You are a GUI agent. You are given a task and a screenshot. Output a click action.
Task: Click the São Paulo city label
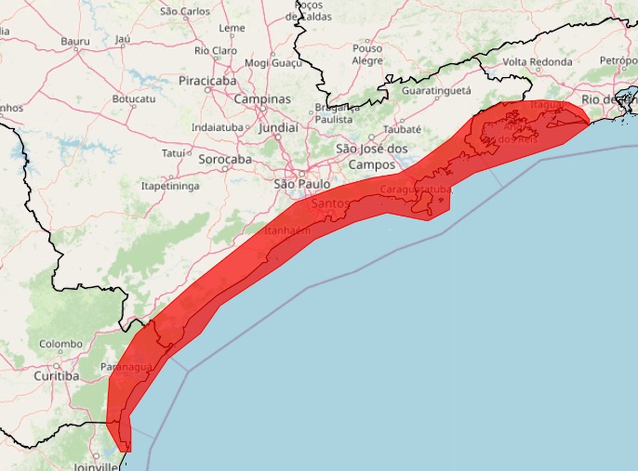pyautogui.click(x=302, y=184)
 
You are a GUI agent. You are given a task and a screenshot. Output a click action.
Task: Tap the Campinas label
pyautogui.click(x=261, y=99)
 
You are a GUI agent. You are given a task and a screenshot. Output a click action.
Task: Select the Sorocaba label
pyautogui.click(x=225, y=160)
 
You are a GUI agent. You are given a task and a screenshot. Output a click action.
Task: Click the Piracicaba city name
pyautogui.click(x=207, y=82)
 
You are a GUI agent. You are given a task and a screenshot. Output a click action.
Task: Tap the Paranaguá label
pyautogui.click(x=125, y=368)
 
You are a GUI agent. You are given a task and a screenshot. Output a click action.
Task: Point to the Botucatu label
pyautogui.click(x=133, y=98)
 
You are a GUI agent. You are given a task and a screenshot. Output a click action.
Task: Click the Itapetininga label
pyautogui.click(x=170, y=187)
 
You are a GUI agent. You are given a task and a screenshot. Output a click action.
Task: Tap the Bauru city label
pyautogui.click(x=74, y=41)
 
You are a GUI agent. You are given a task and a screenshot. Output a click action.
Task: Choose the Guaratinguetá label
pyautogui.click(x=436, y=91)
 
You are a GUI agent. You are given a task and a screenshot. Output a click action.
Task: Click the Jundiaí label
pyautogui.click(x=278, y=127)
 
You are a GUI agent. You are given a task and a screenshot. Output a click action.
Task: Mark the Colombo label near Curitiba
pyautogui.click(x=60, y=344)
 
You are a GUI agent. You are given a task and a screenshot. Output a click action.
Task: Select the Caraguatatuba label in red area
pyautogui.click(x=416, y=190)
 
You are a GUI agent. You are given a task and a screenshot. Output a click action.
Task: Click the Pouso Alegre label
pyautogui.click(x=367, y=54)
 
